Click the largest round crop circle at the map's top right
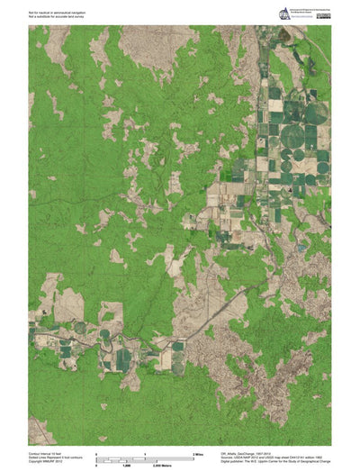click(316, 113)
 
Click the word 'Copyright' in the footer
click(36, 461)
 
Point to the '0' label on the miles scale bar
click(97, 452)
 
